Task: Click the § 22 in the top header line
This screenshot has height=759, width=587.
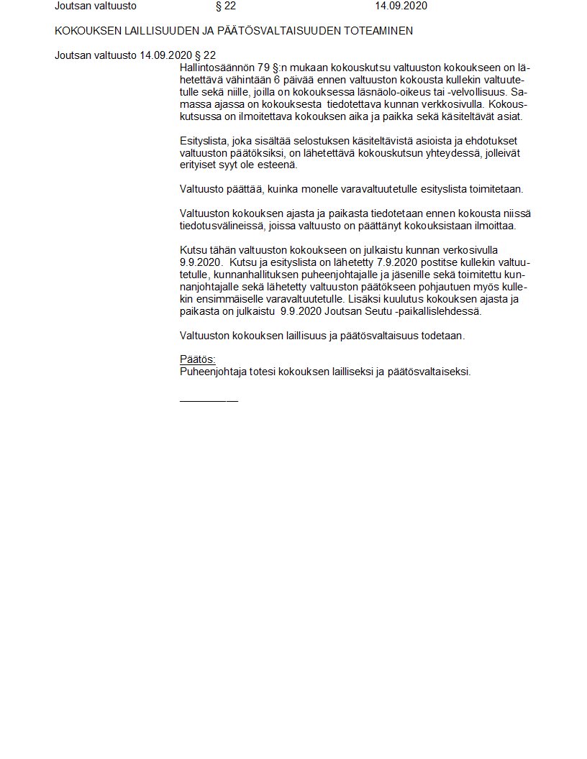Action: coord(225,6)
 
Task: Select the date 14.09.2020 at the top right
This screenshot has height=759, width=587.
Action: coord(401,6)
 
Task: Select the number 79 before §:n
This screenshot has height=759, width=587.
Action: coord(263,68)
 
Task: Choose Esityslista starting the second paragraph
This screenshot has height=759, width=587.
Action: coord(204,141)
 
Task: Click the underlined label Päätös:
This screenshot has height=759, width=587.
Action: coord(198,360)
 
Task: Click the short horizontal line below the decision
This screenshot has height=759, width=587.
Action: coord(209,400)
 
